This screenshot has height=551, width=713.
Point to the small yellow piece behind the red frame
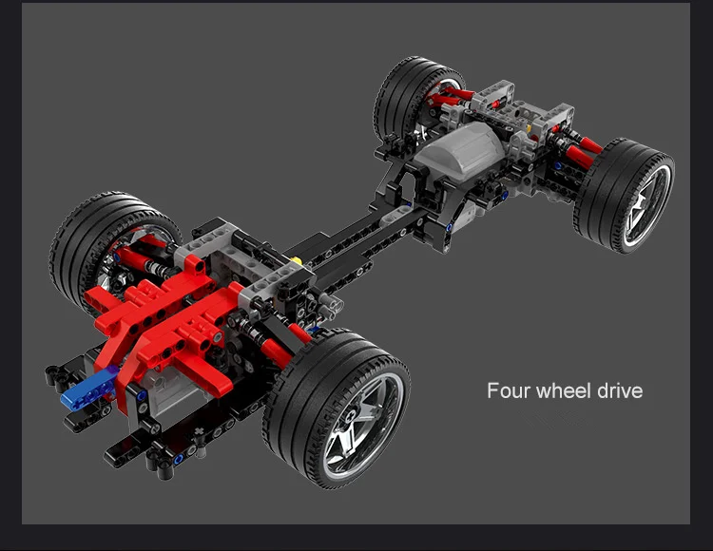click(297, 260)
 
